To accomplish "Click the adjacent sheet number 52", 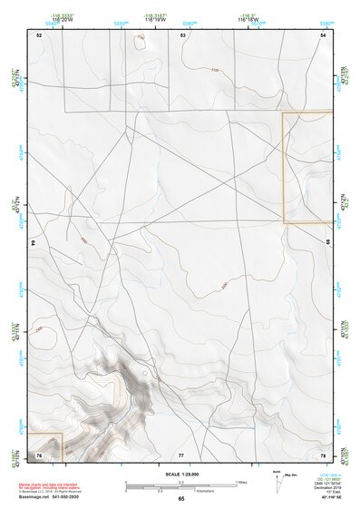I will point(39,34).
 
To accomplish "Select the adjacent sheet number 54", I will point(323,34).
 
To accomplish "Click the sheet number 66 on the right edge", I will point(328,243).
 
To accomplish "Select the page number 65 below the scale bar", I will point(181,498).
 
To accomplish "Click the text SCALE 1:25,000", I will point(180,474).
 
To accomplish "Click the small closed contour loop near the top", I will point(140,39).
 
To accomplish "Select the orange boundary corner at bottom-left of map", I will point(63,435).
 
